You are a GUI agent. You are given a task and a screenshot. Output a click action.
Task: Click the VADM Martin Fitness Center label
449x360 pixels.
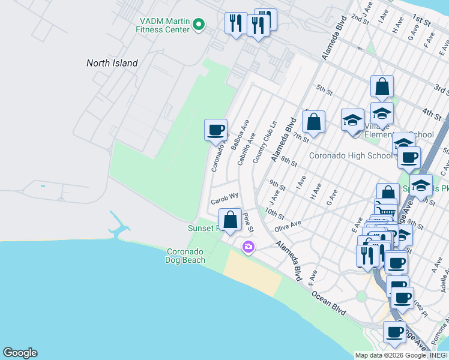click(x=162, y=24)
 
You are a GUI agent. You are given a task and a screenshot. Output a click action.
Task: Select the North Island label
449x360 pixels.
click(x=112, y=63)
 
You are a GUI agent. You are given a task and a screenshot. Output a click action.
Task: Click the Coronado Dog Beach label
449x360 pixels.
click(x=185, y=256)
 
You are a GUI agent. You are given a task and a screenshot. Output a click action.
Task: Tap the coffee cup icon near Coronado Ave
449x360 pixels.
click(x=215, y=130)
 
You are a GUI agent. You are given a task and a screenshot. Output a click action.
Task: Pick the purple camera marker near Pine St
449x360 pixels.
click(x=248, y=247)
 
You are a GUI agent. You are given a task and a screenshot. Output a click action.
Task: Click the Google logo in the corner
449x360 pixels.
click(x=20, y=353)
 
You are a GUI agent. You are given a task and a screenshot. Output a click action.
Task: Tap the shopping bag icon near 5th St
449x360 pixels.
click(x=382, y=87)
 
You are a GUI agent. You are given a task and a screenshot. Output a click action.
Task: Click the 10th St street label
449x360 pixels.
click(x=274, y=214)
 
